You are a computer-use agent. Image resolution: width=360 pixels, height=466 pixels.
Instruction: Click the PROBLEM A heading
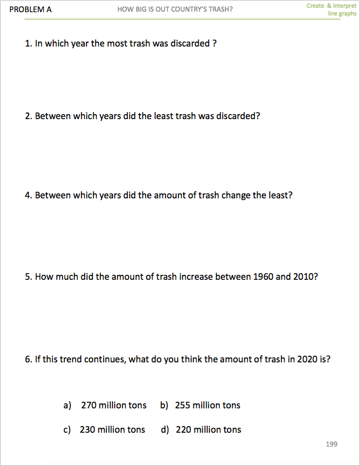tap(30, 9)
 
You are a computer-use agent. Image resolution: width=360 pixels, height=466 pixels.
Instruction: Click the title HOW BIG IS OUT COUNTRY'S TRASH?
tap(175, 9)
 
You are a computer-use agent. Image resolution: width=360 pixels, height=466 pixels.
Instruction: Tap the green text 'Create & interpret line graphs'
tap(332, 9)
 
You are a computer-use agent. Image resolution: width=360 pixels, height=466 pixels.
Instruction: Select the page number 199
tap(331, 444)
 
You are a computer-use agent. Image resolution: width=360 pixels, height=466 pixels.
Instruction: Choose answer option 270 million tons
tap(114, 405)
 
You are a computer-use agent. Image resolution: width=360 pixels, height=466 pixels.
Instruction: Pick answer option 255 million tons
tap(208, 405)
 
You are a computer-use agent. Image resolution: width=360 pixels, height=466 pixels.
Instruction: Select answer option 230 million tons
tap(112, 429)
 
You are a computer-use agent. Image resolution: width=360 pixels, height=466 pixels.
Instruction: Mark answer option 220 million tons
tap(208, 429)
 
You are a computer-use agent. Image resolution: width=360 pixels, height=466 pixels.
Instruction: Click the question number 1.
tap(28, 43)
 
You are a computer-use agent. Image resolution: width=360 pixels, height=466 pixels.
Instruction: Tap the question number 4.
tap(28, 196)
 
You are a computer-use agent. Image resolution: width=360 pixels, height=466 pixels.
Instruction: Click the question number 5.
tap(28, 276)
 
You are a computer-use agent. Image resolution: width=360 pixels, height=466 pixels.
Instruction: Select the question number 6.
tap(28, 359)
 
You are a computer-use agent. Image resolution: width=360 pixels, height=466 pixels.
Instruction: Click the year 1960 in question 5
tap(263, 276)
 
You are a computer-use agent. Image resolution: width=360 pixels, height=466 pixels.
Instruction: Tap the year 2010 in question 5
tap(304, 276)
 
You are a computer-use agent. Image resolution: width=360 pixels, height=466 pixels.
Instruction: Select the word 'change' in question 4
tap(236, 196)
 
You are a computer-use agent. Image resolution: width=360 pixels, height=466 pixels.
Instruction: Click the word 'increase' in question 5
tap(196, 276)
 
